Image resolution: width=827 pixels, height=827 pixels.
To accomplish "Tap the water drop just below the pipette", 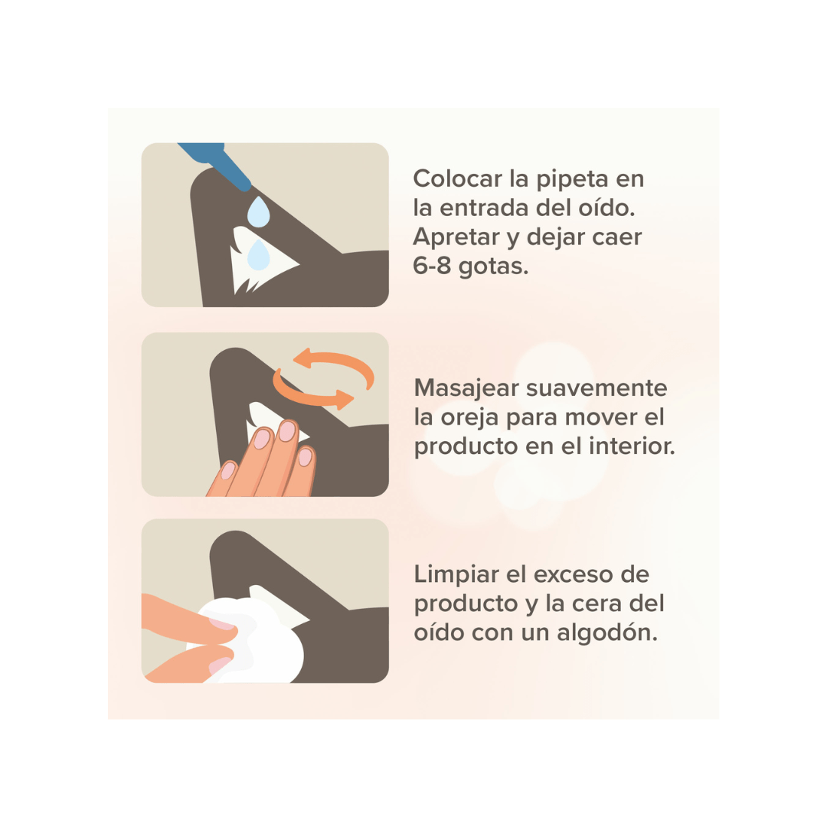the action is coord(259,212).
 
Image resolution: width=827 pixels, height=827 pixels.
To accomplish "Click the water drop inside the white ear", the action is coord(259,255).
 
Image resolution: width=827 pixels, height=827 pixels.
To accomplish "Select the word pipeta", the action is coord(573,179).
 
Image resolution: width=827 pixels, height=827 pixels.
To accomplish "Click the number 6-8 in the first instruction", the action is coord(432,265).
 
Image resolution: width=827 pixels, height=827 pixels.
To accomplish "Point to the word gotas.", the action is coord(493,267).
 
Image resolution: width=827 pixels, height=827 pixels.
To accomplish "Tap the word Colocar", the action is coord(458,178).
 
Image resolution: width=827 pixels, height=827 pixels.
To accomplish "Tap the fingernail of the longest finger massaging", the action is coord(287,430).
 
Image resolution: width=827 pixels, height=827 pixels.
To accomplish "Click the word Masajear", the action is coord(467,389).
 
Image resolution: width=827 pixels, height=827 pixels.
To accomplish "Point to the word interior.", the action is coord(632,446).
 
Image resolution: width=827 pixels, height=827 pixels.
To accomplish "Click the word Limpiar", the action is coord(456,574).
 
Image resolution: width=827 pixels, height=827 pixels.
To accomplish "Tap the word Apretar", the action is coord(456,238).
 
